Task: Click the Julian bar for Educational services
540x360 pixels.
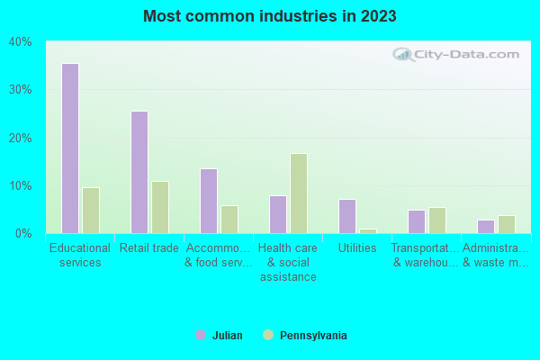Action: click(70, 148)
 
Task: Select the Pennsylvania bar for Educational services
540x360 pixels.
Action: click(91, 211)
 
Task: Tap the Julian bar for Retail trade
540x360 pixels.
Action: click(139, 172)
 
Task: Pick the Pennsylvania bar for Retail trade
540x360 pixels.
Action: click(160, 207)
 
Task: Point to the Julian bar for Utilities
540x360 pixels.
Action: click(347, 216)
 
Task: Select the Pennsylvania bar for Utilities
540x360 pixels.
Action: click(368, 231)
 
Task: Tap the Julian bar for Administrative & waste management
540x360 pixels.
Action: click(486, 227)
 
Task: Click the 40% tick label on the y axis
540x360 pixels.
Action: click(21, 41)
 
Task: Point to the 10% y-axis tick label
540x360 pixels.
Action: click(21, 185)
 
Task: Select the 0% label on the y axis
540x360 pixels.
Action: click(23, 233)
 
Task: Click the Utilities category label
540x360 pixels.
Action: click(357, 248)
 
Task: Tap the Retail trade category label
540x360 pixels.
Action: click(149, 248)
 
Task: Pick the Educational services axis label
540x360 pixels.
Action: click(80, 255)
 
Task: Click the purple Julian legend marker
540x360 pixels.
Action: click(201, 335)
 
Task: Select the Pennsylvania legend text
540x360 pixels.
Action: click(313, 336)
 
